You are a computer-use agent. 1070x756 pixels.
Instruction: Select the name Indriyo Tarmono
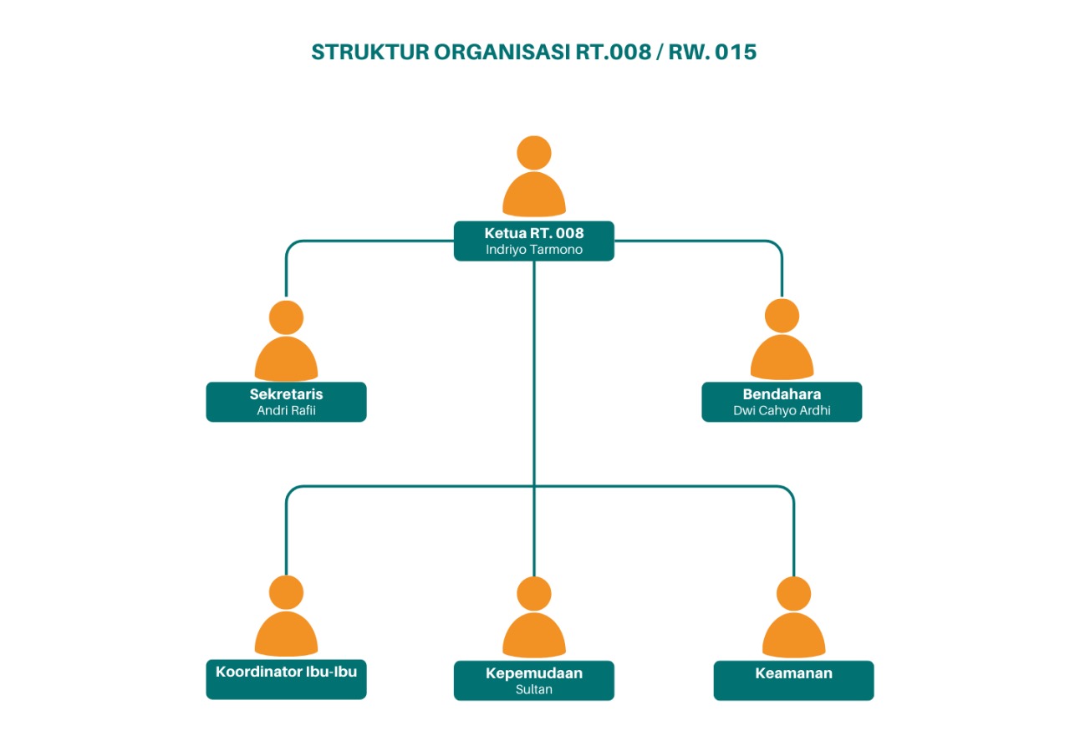[533, 249]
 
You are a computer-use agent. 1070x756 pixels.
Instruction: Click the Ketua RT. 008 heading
[533, 233]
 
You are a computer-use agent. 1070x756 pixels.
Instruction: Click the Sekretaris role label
[286, 394]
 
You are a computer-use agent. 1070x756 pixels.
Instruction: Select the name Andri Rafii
[286, 410]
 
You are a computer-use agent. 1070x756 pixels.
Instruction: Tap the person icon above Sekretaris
[286, 342]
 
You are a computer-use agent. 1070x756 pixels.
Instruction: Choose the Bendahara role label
[782, 394]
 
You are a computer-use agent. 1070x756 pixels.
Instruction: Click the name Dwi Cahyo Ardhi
[782, 410]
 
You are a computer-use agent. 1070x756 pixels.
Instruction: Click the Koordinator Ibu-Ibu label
[286, 671]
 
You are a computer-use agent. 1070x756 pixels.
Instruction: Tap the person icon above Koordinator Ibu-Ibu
[286, 618]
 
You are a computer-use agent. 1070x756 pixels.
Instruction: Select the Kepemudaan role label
[533, 673]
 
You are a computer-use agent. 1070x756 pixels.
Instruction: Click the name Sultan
[533, 689]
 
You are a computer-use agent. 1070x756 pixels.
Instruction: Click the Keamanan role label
[793, 673]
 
